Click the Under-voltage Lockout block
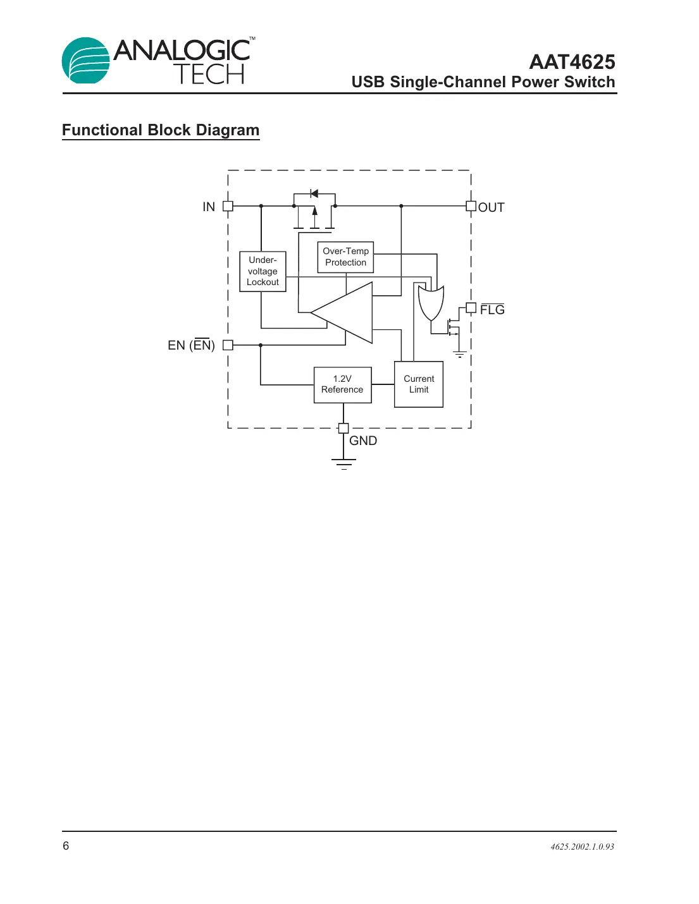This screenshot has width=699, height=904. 263,271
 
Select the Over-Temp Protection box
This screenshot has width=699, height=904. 345,257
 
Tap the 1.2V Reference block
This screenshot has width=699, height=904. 342,384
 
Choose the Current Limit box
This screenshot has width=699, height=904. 418,384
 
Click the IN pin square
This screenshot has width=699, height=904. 228,206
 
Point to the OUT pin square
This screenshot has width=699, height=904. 471,206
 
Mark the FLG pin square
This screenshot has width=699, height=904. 471,308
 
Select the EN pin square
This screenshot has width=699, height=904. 228,345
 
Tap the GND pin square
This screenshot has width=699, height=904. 343,428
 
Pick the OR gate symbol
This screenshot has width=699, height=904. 431,303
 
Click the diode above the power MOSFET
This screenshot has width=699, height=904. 314,193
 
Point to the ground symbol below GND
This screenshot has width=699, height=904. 343,464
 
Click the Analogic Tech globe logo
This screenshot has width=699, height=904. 85,61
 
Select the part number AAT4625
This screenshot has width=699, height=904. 572,62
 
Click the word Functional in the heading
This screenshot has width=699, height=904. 102,130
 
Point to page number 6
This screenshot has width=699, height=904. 66,846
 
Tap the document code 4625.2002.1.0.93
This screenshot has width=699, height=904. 582,846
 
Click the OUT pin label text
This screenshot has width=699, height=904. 492,207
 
